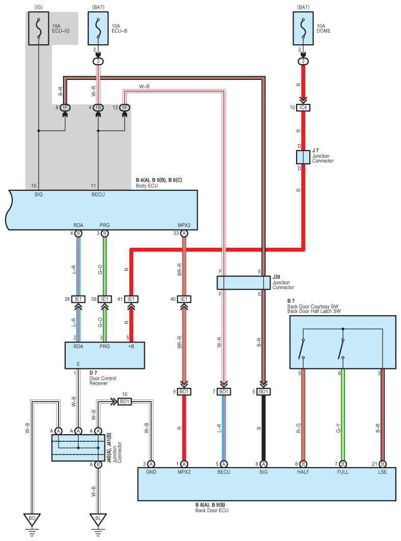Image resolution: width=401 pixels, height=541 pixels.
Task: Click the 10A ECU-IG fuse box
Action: (x=39, y=29)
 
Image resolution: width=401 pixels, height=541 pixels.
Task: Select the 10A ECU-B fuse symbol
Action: (x=98, y=29)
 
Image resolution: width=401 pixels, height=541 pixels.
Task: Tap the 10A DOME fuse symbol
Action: (x=303, y=29)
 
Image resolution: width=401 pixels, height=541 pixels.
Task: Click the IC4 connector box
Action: (x=303, y=108)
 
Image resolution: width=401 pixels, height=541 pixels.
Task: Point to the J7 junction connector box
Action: (x=303, y=157)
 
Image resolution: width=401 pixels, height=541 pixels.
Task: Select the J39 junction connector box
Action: (x=244, y=282)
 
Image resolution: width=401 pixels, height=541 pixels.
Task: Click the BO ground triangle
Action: (x=32, y=519)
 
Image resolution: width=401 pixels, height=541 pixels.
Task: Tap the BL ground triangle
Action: (x=98, y=519)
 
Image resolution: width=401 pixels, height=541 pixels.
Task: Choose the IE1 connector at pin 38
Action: (x=78, y=299)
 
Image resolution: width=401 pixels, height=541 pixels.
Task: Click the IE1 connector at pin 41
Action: (x=131, y=299)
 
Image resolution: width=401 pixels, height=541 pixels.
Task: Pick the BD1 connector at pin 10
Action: (x=124, y=402)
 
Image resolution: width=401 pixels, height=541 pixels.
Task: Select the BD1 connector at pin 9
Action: (x=184, y=391)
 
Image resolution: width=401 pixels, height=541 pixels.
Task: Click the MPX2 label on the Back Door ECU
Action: (x=184, y=472)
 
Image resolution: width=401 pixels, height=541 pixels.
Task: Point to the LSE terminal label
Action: (x=382, y=472)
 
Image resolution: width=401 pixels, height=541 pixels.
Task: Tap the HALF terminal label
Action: (x=303, y=472)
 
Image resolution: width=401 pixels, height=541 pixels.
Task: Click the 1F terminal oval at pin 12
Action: (x=125, y=108)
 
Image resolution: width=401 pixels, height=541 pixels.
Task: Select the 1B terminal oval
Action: (x=98, y=108)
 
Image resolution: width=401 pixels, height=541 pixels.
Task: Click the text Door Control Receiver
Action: (x=102, y=381)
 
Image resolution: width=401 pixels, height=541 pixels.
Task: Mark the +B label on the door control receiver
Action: (x=131, y=347)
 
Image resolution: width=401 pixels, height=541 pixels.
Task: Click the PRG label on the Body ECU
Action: (x=104, y=225)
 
